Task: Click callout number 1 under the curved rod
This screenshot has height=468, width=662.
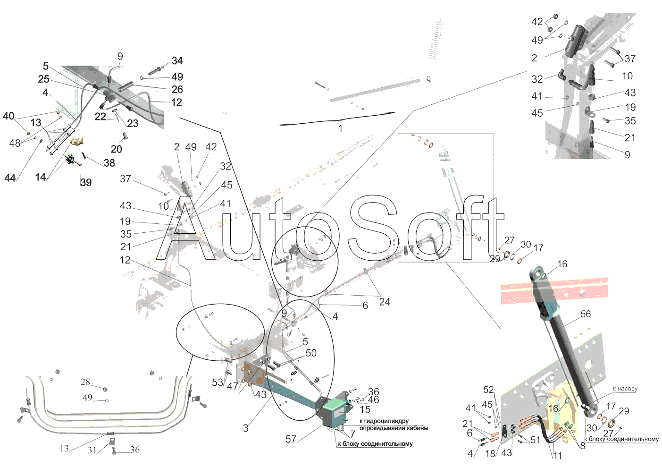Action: [340, 128]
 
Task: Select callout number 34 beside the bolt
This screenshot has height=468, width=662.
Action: [177, 60]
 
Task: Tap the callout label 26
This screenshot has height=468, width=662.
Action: [177, 89]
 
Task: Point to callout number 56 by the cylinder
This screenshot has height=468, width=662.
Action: [586, 314]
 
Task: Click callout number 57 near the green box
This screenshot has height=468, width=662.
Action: [291, 439]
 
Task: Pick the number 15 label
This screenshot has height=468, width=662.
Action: [365, 409]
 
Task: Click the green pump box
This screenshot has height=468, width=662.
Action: [336, 411]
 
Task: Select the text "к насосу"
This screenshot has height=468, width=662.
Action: [625, 388]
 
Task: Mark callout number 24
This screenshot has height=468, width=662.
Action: [384, 302]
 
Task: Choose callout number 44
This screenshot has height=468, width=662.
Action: [10, 178]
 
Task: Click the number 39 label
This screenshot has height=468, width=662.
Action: [86, 182]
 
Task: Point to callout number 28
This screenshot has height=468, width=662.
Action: [85, 382]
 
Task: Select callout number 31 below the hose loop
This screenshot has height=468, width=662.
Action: [92, 450]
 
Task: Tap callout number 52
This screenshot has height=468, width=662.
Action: [488, 390]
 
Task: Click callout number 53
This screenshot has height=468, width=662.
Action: [217, 382]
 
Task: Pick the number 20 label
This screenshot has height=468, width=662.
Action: [117, 149]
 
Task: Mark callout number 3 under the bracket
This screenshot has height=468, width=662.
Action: [245, 428]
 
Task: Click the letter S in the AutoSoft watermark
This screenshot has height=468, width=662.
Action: [373, 228]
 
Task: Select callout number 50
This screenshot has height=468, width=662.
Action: [311, 353]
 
